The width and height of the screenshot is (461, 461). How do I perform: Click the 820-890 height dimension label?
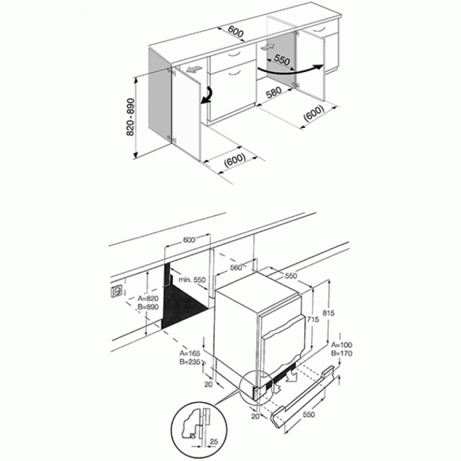[x=130, y=118]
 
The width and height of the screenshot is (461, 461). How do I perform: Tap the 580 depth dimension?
[x=274, y=93]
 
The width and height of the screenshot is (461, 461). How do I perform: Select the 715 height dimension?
[x=312, y=319]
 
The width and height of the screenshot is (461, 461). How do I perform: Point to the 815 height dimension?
[x=328, y=313]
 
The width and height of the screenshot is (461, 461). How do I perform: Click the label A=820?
[x=148, y=298]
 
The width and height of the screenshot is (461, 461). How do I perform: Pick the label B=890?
[x=148, y=307]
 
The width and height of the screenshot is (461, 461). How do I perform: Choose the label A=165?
[x=190, y=353]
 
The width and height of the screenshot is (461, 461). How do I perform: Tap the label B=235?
[x=190, y=362]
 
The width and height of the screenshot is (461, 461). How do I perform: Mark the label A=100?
[x=342, y=345]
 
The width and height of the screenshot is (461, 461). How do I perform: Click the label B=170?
[x=342, y=353]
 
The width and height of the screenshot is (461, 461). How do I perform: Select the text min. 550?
[x=192, y=279]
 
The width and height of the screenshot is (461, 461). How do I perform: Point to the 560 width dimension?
[x=236, y=267]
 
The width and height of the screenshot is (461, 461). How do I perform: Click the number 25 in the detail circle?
[x=214, y=441]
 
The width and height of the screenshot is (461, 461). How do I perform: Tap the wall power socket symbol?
[x=117, y=292]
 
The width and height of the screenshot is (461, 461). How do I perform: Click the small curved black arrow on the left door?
[x=207, y=95]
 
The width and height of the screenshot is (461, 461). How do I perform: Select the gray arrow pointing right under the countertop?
[x=267, y=47]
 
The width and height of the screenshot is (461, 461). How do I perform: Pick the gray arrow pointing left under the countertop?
[x=194, y=70]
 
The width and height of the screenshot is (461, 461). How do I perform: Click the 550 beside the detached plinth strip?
[x=309, y=414]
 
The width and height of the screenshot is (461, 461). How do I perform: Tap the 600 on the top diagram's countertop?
[x=236, y=32]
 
